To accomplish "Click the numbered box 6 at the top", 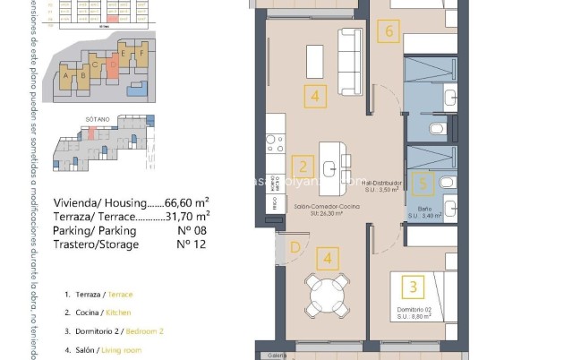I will click(388, 31).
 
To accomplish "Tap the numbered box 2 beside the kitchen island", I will click(303, 166).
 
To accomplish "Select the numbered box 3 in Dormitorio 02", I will click(413, 287).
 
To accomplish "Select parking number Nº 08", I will click(186, 230).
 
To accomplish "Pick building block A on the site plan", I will click(67, 75).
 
